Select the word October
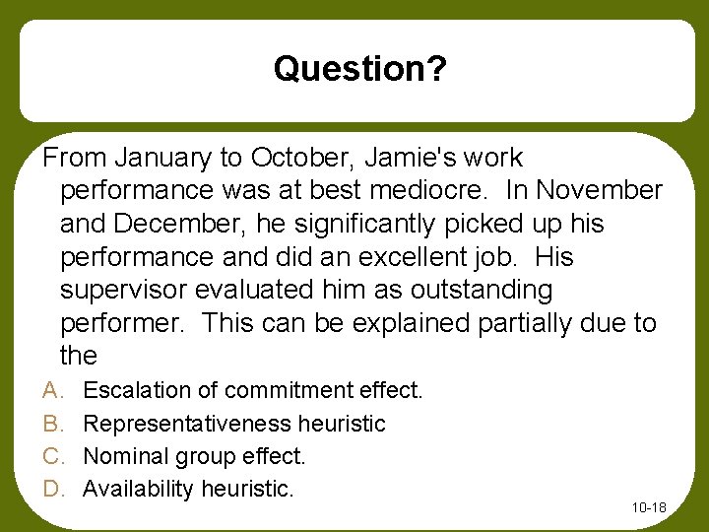click(298, 158)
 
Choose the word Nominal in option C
click(122, 457)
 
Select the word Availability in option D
click(138, 490)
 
